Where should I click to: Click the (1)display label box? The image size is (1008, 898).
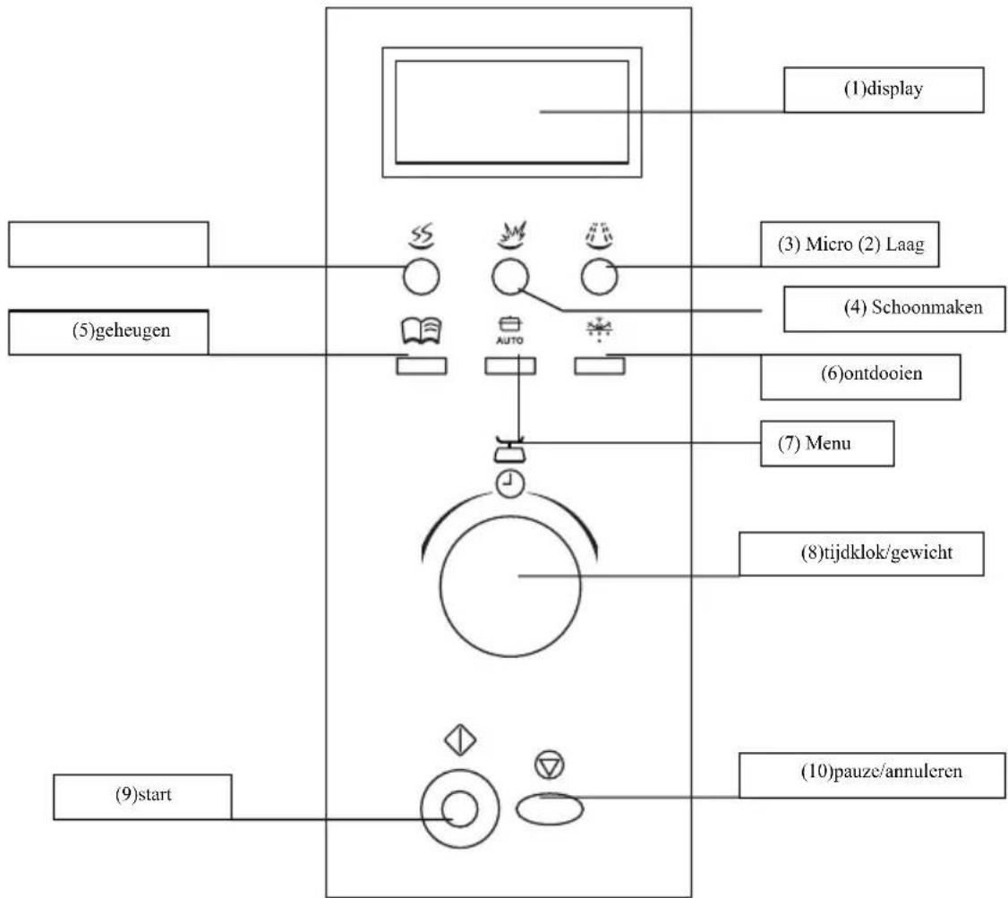(x=884, y=90)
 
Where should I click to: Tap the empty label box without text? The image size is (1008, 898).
(x=107, y=244)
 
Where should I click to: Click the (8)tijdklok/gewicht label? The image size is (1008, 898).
(x=861, y=553)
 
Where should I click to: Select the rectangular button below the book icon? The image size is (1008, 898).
(x=421, y=365)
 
